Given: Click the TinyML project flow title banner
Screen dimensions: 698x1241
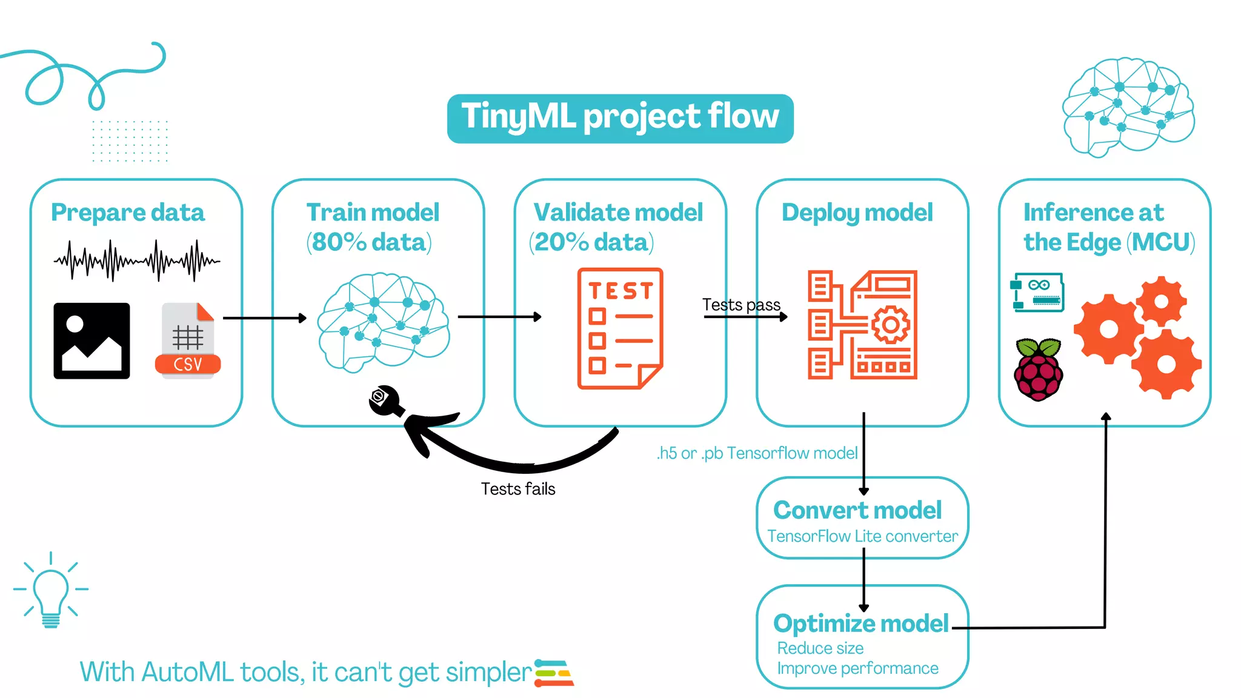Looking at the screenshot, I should click(x=620, y=118).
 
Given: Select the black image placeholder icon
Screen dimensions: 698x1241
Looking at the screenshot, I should click(x=91, y=341).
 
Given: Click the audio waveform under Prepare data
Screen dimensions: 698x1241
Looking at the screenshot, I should click(x=137, y=261).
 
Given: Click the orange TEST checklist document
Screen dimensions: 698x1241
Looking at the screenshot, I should click(x=619, y=328).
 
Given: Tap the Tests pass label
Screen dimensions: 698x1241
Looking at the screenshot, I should click(x=740, y=304).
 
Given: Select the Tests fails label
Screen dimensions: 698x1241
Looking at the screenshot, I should click(x=518, y=489).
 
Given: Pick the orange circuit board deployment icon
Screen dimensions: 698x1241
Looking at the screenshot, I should click(x=862, y=325).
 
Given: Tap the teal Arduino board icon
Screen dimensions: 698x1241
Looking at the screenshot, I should click(x=1037, y=292).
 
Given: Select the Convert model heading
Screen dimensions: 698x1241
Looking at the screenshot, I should click(x=857, y=510).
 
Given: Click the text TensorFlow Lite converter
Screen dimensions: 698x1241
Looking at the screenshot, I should click(x=862, y=536).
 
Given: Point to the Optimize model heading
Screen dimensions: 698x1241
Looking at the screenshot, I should click(x=860, y=623).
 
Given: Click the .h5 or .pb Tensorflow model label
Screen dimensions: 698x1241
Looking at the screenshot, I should click(x=757, y=453).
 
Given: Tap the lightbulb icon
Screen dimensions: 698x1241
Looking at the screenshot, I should click(x=51, y=591).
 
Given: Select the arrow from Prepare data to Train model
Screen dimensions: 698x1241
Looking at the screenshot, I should click(x=265, y=318).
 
